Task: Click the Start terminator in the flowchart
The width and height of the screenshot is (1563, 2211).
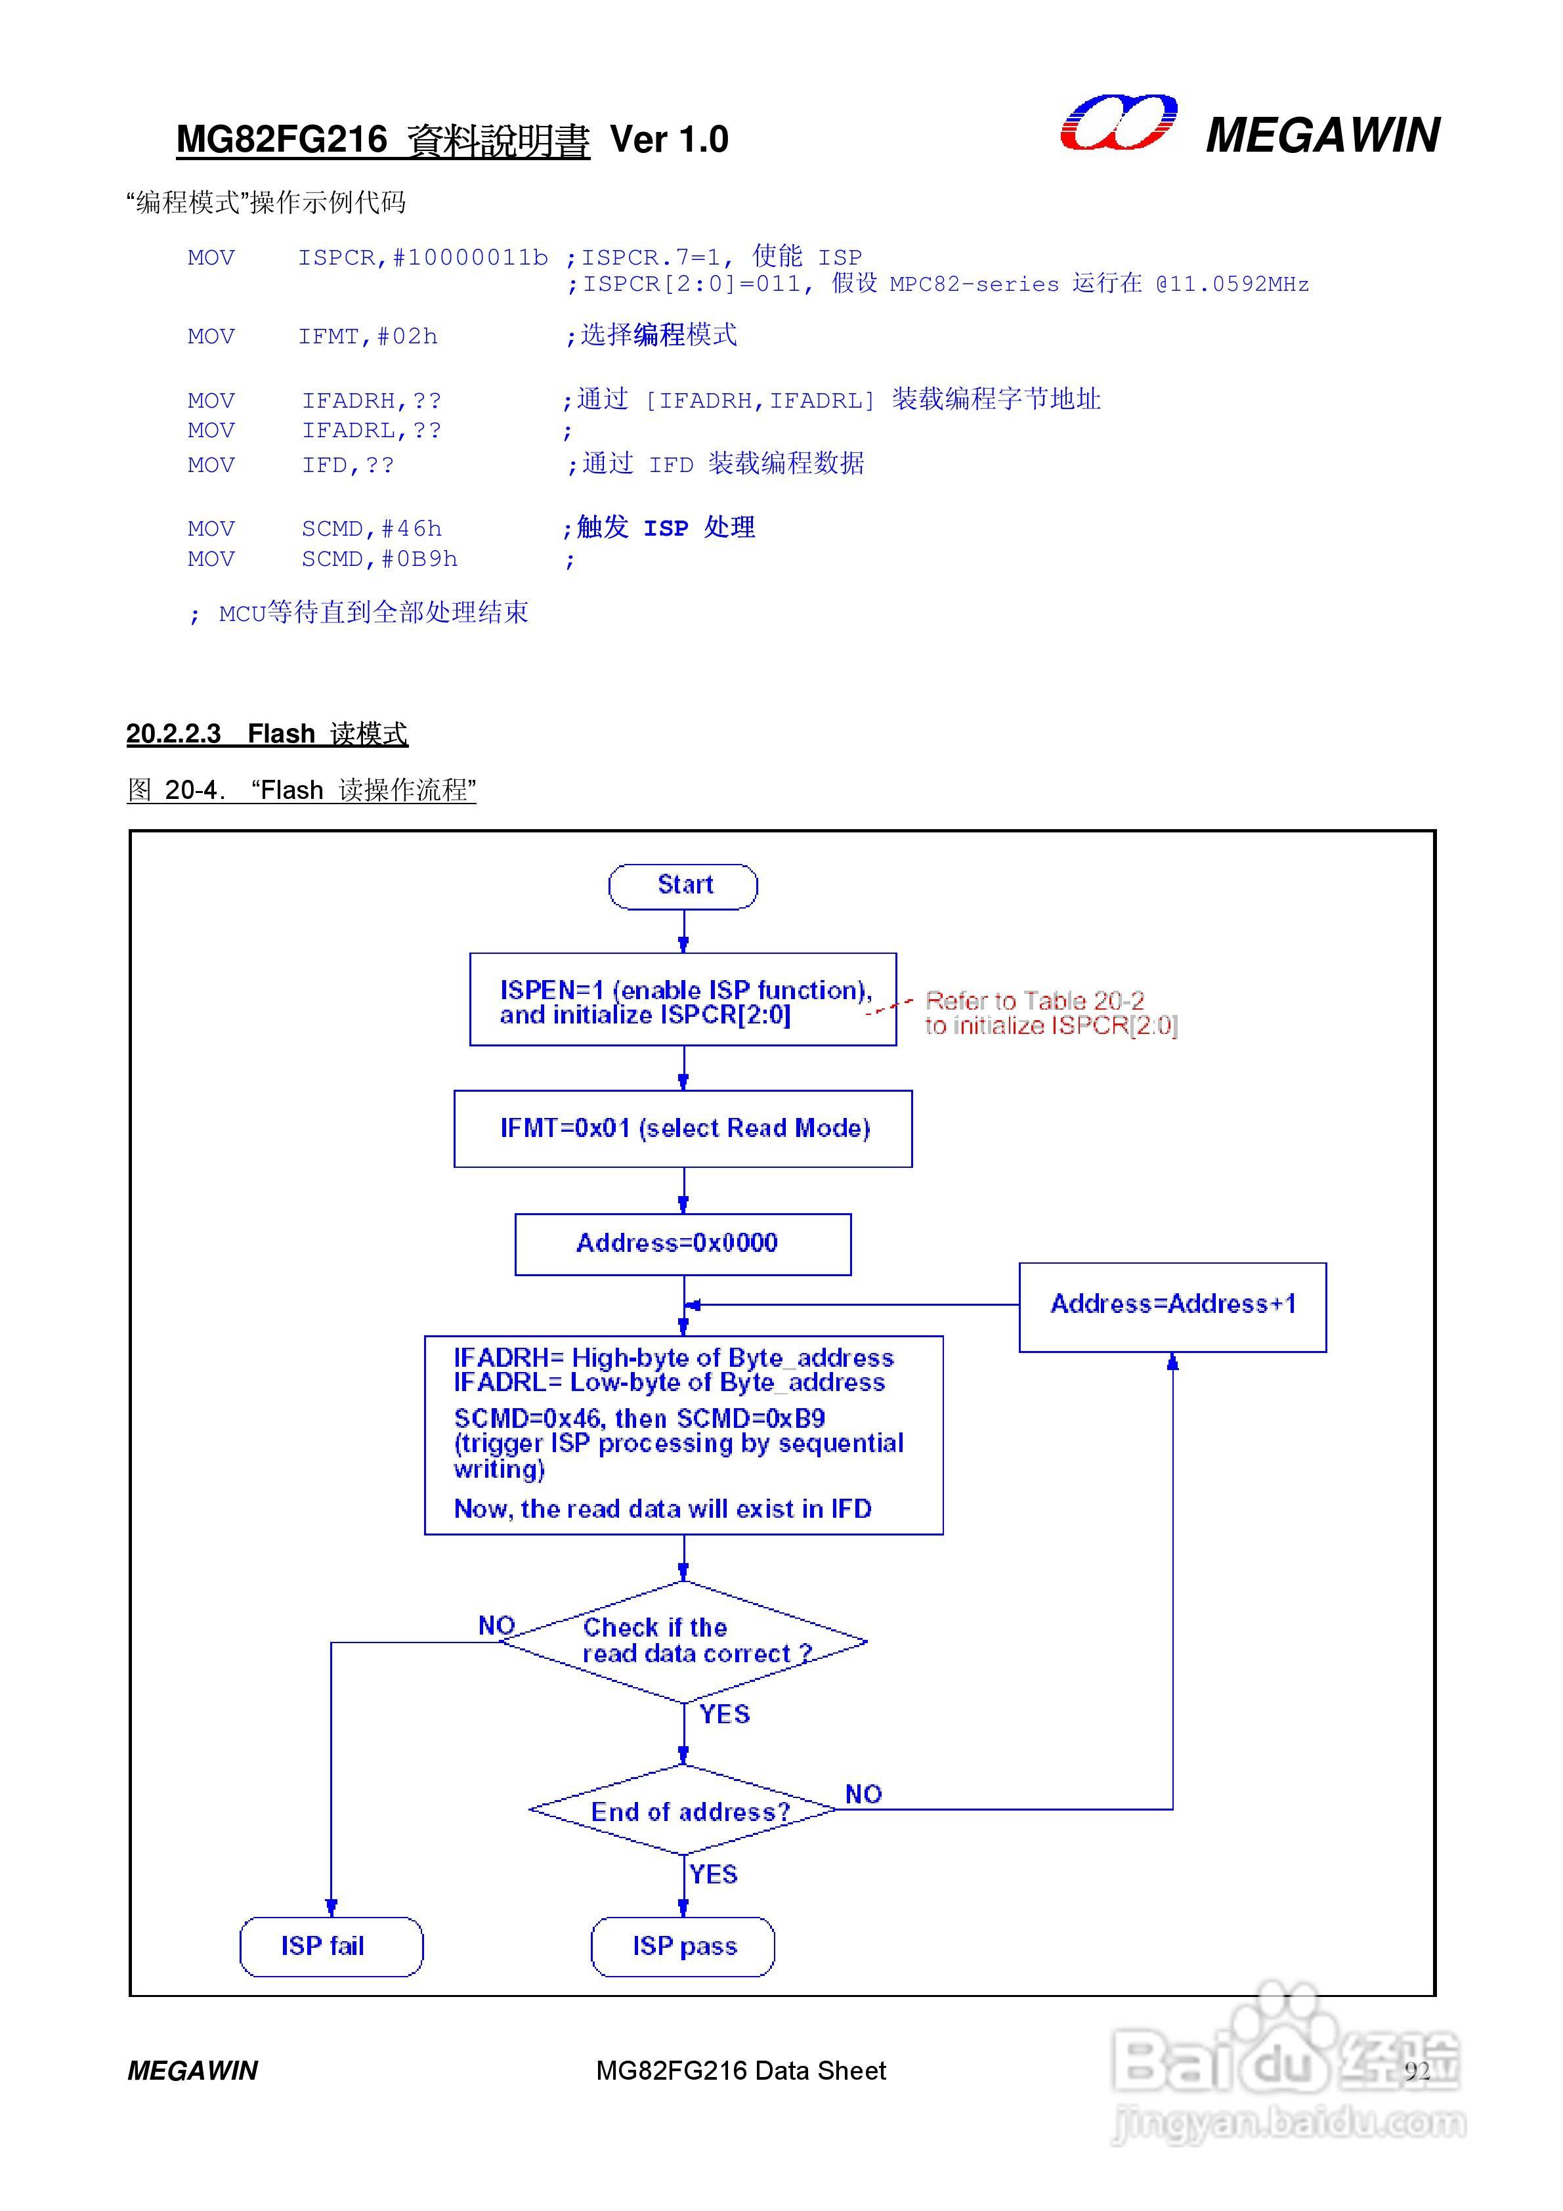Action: (683, 886)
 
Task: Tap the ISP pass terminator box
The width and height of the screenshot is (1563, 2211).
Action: (683, 1946)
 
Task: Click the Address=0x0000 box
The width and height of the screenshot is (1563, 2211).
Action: (683, 1244)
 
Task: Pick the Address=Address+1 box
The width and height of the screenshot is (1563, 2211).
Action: (1172, 1306)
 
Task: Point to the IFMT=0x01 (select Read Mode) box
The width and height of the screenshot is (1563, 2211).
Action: (683, 1128)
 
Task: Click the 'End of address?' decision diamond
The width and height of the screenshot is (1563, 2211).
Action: (683, 1811)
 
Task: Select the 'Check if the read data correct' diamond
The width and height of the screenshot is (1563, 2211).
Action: (683, 1642)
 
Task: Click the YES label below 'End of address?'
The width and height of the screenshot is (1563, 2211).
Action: (714, 1874)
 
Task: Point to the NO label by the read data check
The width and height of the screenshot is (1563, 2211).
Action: (497, 1625)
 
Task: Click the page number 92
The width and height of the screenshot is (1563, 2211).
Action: (1417, 2071)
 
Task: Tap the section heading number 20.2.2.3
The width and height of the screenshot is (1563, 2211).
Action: (173, 734)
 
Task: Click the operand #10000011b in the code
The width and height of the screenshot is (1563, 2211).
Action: (470, 258)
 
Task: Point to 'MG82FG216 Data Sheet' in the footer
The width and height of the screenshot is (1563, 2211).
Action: (740, 2071)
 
